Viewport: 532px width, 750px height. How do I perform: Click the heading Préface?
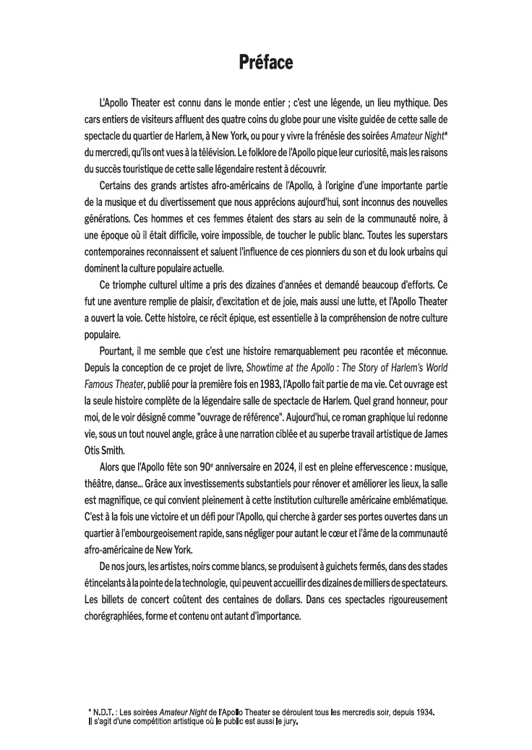coord(266,64)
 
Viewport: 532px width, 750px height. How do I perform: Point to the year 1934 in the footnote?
coord(425,712)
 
